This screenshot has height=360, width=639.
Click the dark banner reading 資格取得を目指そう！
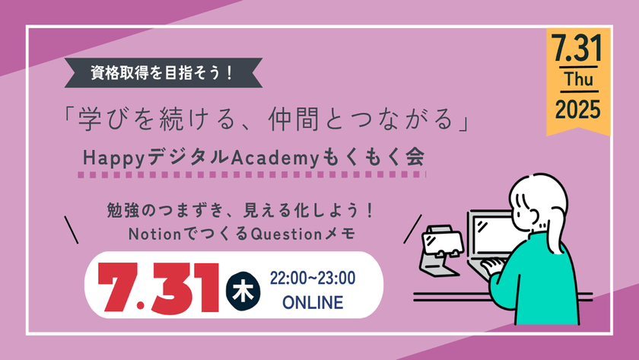coord(164,75)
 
